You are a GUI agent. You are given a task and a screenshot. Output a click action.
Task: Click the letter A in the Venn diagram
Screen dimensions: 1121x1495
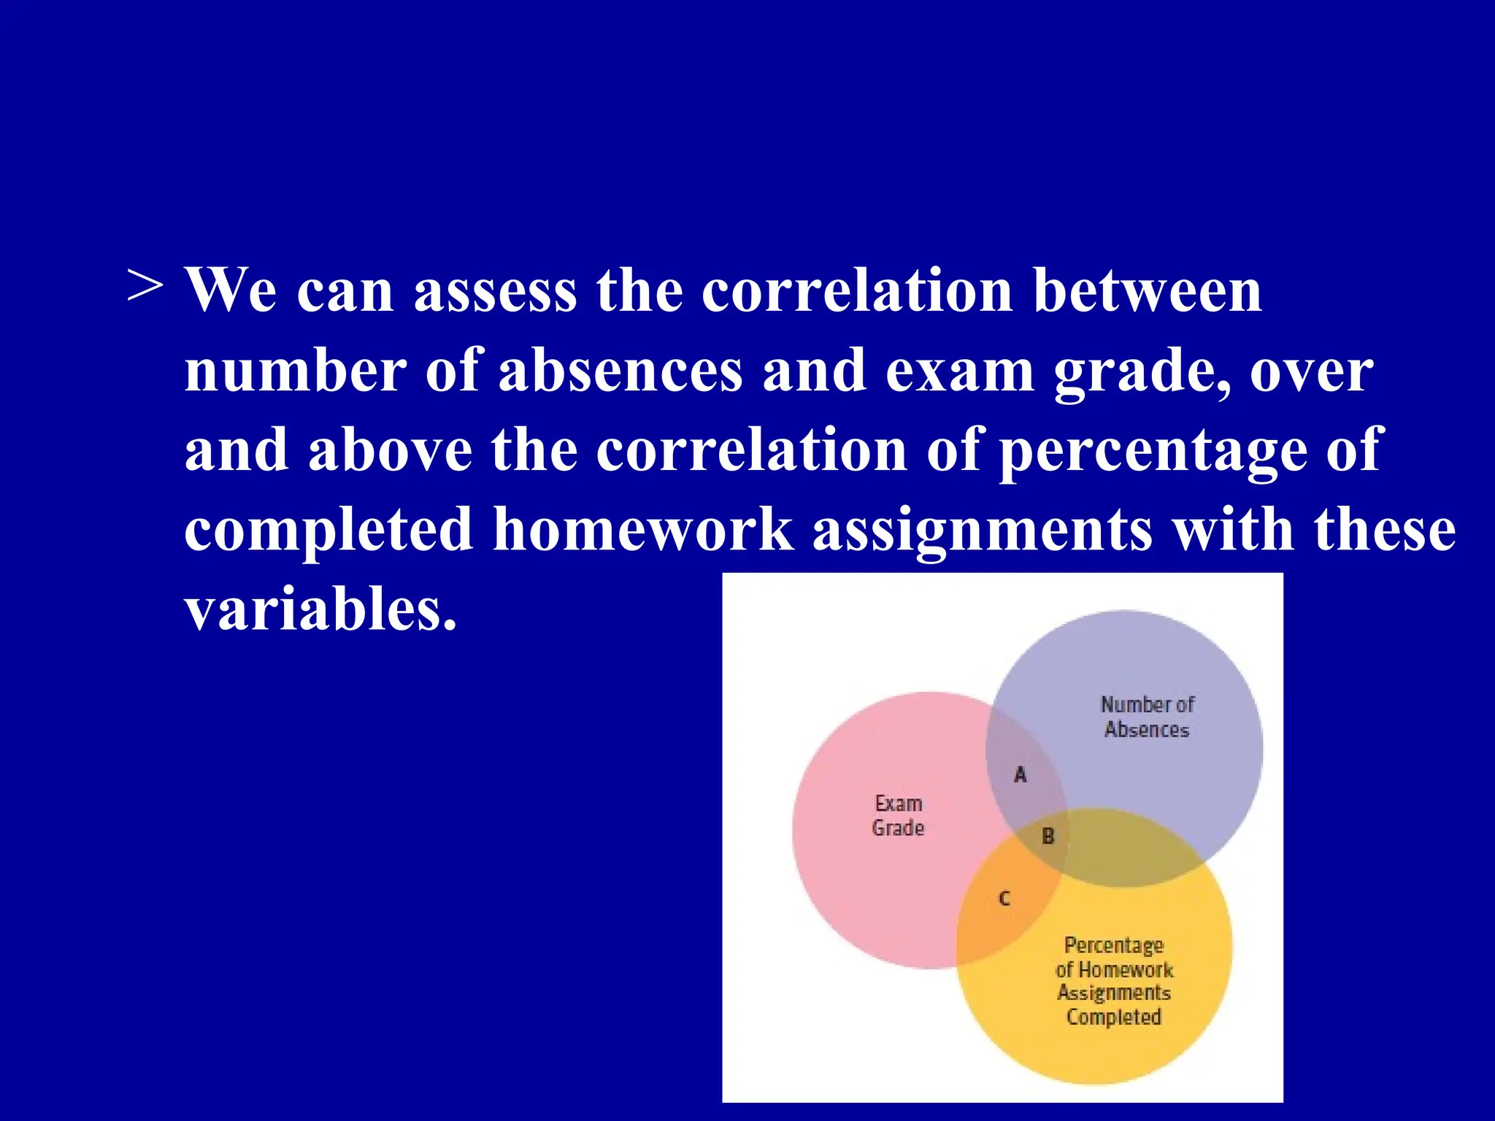tap(1021, 774)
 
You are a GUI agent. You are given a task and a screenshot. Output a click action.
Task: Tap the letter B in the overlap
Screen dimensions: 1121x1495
tap(1048, 836)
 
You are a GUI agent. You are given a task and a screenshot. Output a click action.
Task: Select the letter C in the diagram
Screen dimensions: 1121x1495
tap(1004, 898)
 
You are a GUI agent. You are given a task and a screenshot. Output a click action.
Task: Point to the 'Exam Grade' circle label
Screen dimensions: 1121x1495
tap(898, 816)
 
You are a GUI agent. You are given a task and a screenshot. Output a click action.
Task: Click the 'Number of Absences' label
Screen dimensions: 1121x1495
tap(1147, 717)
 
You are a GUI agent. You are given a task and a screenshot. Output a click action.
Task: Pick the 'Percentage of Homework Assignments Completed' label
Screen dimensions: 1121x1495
tap(1114, 981)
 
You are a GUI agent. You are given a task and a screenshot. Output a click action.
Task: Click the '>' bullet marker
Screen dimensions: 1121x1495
tap(145, 286)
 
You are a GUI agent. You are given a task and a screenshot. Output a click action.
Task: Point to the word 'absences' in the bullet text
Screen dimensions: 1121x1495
tap(620, 371)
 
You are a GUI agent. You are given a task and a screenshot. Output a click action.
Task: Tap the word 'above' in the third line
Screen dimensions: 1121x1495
tap(391, 450)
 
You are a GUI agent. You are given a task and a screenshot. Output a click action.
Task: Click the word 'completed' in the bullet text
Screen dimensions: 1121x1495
tap(328, 531)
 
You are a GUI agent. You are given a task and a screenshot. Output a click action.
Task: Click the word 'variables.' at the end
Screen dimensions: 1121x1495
tap(320, 609)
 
